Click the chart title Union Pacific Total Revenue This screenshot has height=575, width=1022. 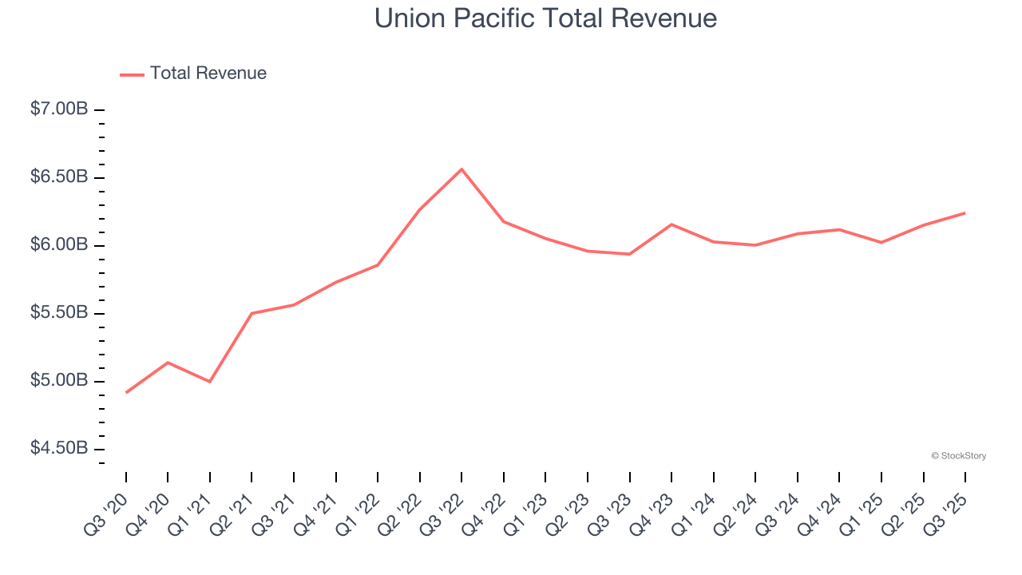point(545,18)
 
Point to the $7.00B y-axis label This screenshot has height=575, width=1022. point(59,109)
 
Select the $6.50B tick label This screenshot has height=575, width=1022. point(59,176)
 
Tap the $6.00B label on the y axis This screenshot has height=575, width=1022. point(59,244)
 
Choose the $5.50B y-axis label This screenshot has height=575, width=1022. point(59,312)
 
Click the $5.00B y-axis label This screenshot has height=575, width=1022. point(59,380)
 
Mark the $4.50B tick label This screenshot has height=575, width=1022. point(59,448)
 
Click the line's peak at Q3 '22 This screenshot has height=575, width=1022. point(461,169)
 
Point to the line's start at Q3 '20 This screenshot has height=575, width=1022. point(126,392)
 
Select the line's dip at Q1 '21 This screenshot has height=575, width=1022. point(210,382)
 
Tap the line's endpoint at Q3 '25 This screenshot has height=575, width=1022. point(965,212)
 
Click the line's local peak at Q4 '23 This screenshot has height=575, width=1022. point(671,224)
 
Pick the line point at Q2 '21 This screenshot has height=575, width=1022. point(252,313)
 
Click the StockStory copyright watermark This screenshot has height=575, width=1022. point(958,456)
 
